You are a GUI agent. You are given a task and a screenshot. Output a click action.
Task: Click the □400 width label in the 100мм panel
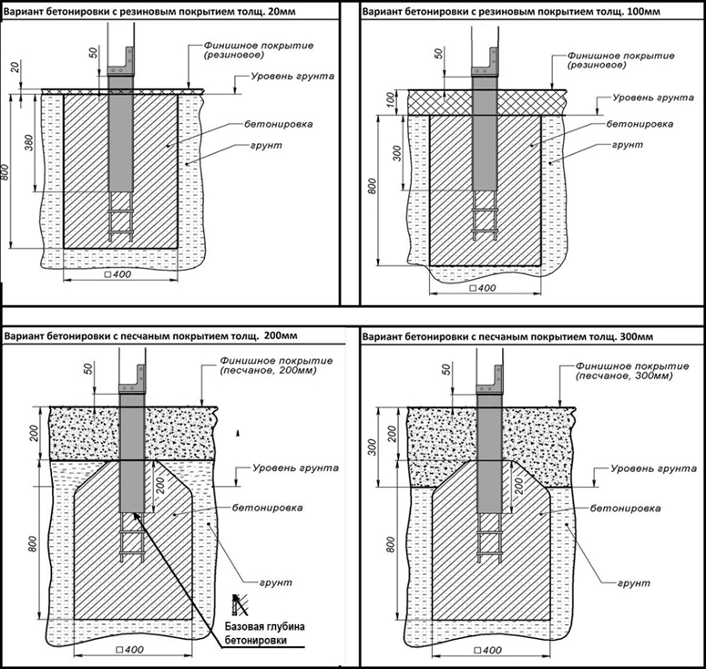point(477,288)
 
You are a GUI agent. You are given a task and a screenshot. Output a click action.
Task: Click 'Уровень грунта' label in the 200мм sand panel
point(293,468)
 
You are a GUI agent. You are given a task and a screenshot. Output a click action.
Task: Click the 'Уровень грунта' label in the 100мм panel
point(646,97)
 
